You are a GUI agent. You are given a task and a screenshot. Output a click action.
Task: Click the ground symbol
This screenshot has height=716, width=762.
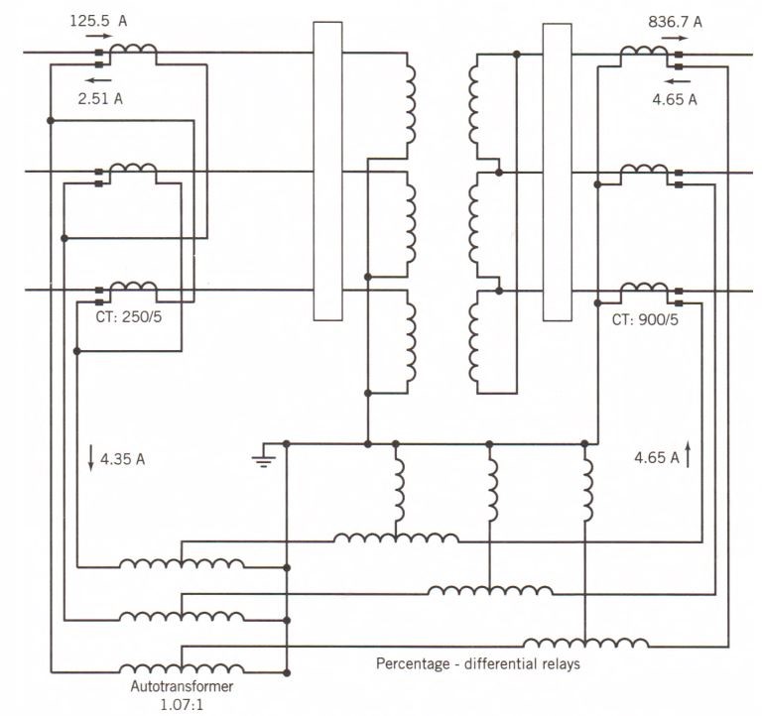(263, 459)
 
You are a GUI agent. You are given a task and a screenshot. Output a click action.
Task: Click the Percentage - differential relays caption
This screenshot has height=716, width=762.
(477, 663)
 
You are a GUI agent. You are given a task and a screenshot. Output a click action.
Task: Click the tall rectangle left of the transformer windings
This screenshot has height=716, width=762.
(327, 171)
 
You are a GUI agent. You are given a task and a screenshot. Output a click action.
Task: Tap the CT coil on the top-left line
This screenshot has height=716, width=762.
(132, 52)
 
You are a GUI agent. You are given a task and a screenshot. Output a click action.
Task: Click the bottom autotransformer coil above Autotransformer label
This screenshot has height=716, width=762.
(181, 668)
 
